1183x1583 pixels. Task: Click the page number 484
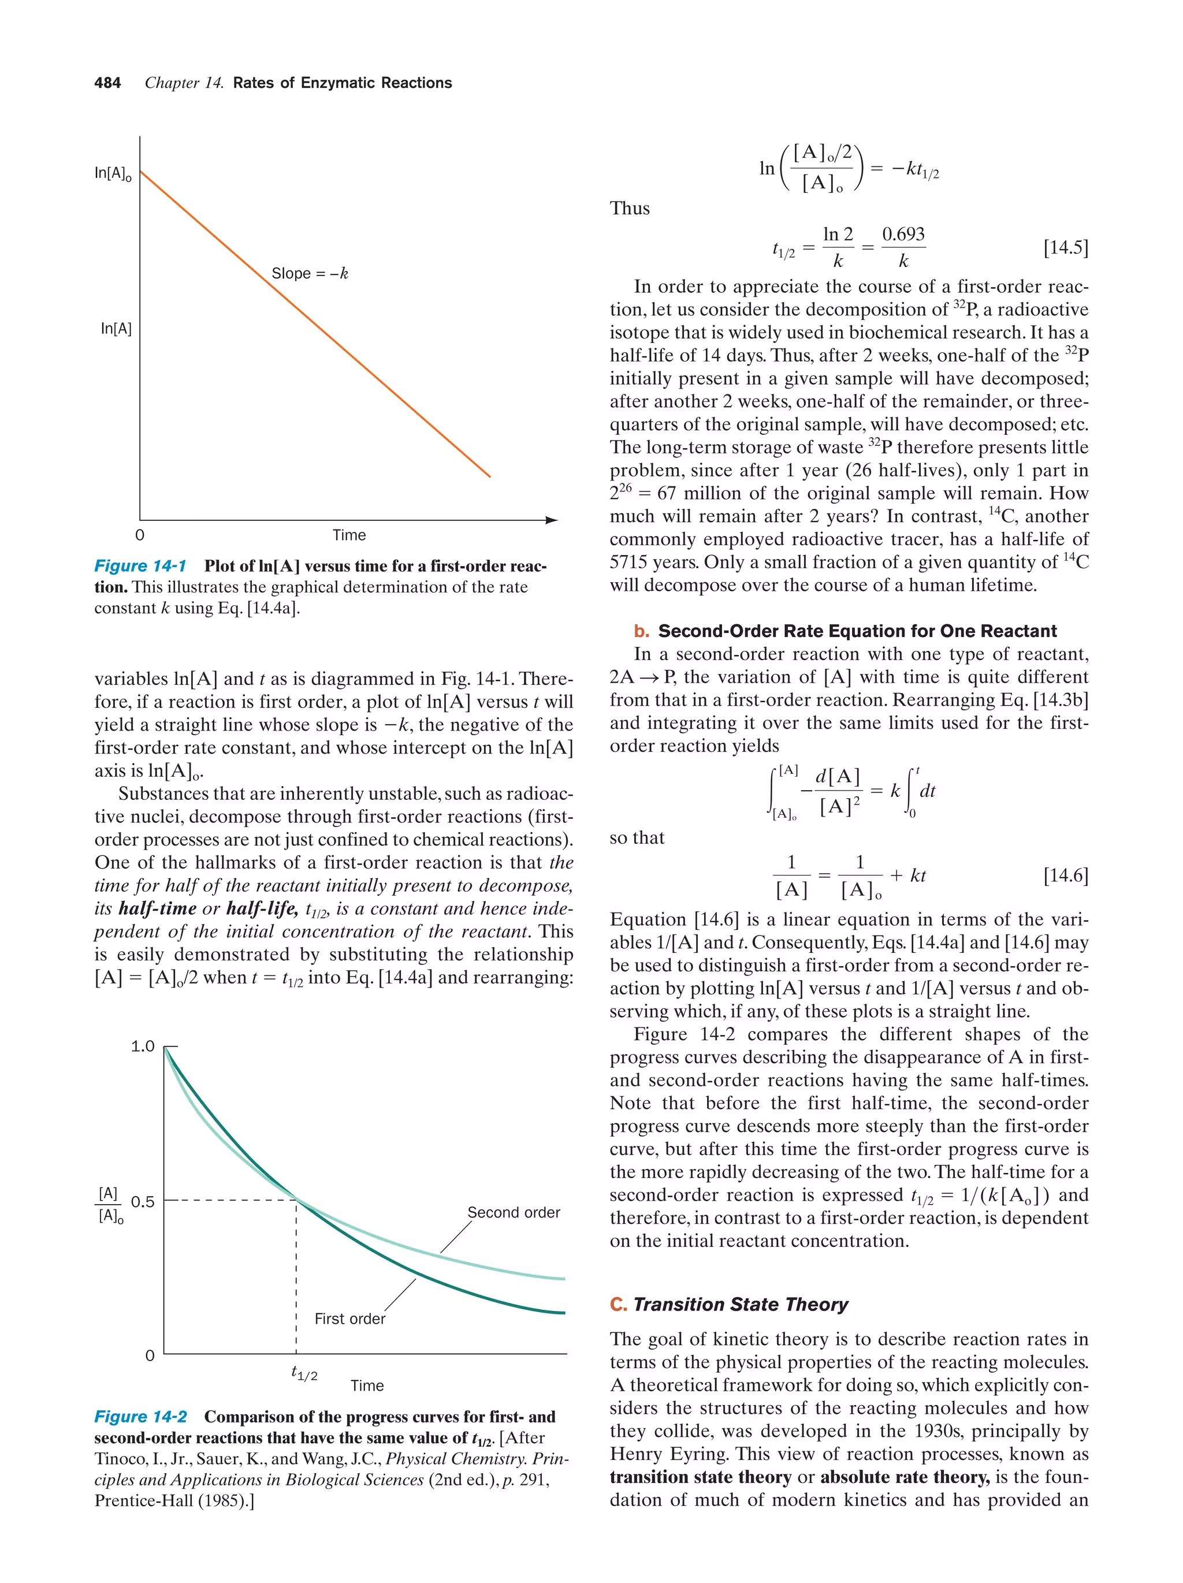(107, 83)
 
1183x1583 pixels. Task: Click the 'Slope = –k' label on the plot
(309, 273)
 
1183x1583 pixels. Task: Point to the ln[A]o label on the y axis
(113, 174)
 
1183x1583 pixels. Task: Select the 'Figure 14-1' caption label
(140, 566)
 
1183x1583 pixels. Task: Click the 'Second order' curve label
(513, 1212)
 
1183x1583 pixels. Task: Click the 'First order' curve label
(349, 1319)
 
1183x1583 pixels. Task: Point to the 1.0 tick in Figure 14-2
(143, 1047)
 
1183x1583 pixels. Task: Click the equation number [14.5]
(1065, 248)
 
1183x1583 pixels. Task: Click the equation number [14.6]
(1065, 875)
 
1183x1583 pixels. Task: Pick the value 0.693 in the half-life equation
(903, 234)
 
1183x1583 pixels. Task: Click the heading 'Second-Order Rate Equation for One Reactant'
(857, 631)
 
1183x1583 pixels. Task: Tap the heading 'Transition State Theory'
(740, 1305)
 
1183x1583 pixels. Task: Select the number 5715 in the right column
(630, 563)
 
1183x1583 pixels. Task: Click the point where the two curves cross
(296, 1200)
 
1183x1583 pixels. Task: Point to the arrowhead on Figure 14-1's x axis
(551, 520)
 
